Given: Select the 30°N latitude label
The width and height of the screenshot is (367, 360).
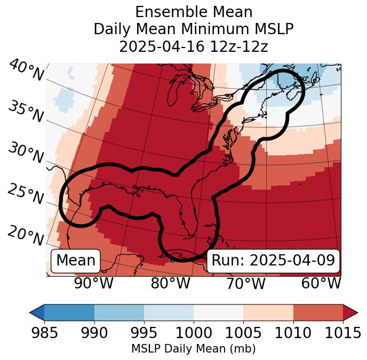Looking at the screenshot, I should [x=25, y=153].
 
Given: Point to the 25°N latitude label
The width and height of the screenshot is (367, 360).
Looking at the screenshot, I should [x=25, y=194].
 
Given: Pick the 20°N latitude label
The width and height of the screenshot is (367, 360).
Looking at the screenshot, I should [x=25, y=236].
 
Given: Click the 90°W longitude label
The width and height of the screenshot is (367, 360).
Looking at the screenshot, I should [x=94, y=283].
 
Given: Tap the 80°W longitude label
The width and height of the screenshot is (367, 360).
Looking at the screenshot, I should [x=170, y=283].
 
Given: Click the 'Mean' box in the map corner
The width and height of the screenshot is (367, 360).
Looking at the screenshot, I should [x=76, y=261].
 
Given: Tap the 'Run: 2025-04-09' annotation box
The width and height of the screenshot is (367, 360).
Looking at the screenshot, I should [x=273, y=261].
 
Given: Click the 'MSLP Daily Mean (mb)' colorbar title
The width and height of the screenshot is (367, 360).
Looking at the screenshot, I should [x=193, y=349].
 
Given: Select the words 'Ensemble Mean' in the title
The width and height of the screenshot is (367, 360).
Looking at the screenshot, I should [x=194, y=12].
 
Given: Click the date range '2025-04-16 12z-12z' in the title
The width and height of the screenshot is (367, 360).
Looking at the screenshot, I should [x=194, y=46].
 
